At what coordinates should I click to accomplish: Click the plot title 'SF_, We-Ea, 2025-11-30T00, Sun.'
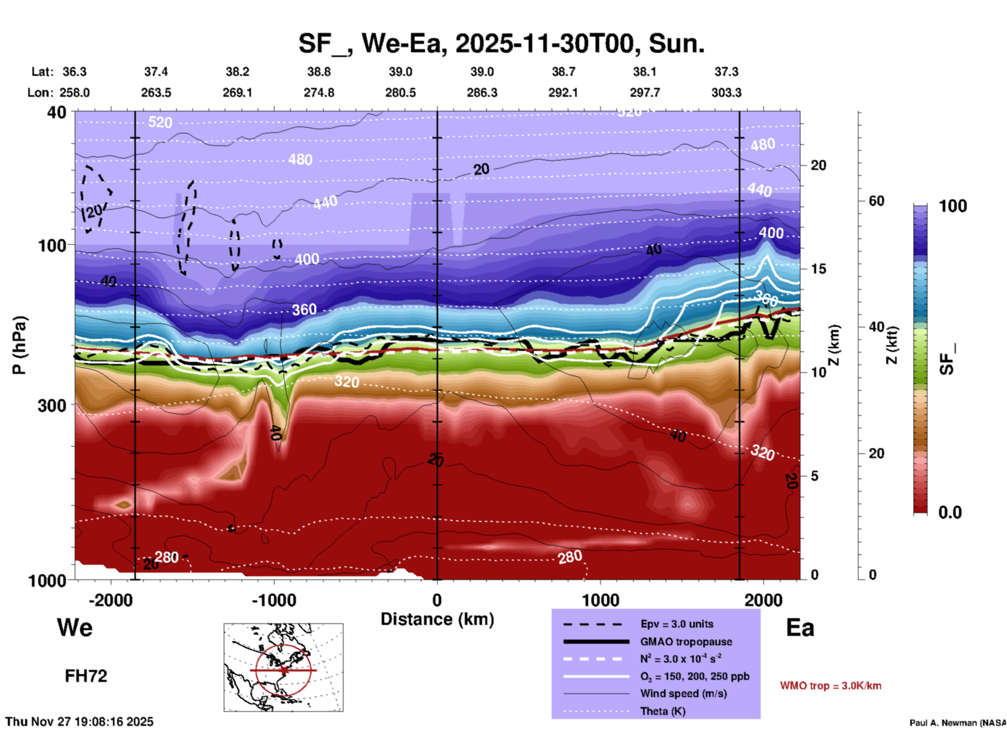point(501,43)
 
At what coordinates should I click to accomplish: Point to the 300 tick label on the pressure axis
point(52,405)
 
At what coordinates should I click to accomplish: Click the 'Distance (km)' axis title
point(437,619)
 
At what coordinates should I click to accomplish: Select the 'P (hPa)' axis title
point(19,345)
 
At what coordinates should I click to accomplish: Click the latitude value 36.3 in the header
point(75,72)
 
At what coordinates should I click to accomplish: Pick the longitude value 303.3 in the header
point(726,93)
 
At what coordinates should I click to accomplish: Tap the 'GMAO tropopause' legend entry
point(686,642)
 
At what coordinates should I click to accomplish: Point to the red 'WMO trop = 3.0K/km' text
point(830,686)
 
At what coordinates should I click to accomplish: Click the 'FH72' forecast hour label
point(86,676)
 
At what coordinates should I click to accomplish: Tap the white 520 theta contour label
point(160,122)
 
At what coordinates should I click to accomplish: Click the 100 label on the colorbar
point(953,206)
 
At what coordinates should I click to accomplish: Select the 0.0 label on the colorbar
point(950,512)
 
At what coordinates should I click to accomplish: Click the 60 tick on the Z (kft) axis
point(877,201)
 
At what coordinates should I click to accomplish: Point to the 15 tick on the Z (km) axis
point(818,269)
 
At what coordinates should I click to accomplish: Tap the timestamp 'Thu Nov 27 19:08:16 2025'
point(79,722)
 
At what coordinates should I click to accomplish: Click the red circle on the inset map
point(256,670)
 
